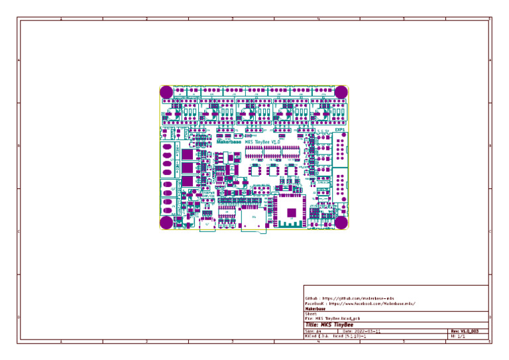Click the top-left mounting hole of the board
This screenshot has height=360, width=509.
166,91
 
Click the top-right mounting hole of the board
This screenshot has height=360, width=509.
341,91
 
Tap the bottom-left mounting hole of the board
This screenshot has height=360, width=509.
166,223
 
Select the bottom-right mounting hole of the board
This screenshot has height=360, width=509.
341,223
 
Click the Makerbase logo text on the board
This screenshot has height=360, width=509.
229,142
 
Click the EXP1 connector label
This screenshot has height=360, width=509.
339,131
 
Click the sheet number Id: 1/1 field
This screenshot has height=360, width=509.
458,337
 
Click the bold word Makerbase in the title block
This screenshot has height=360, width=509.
315,309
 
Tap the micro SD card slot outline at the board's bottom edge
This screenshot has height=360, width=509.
253,223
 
